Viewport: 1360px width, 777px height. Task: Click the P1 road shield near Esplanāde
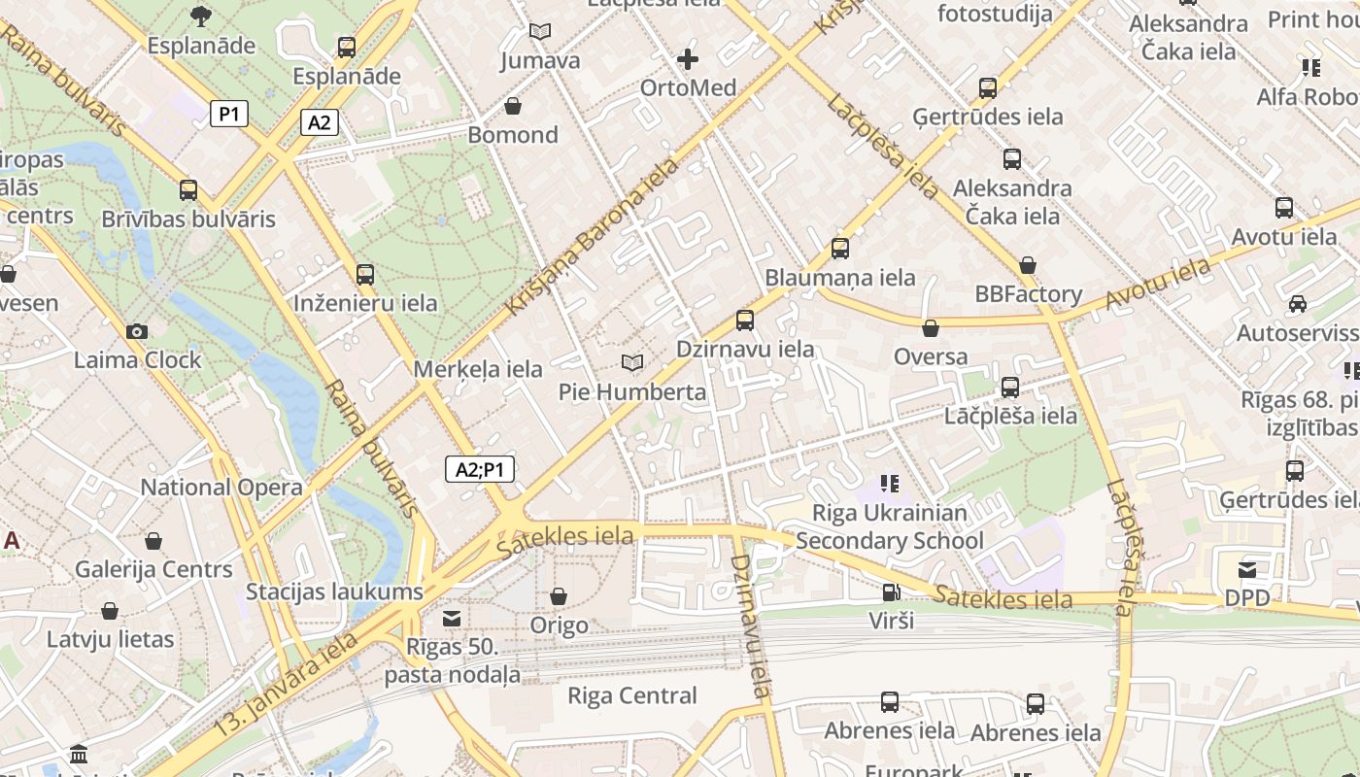[x=229, y=115]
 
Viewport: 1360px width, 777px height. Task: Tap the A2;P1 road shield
[x=480, y=470]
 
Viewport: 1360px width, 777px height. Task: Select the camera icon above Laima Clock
[x=137, y=331]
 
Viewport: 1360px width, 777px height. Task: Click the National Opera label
[x=221, y=488]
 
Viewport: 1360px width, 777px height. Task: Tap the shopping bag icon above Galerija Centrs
[x=153, y=541]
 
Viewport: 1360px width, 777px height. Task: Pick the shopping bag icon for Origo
[x=559, y=595]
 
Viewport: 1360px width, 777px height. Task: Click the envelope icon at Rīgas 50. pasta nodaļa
[x=452, y=619]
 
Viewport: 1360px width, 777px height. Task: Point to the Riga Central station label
[x=632, y=695]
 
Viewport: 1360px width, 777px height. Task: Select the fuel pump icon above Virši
[x=890, y=591]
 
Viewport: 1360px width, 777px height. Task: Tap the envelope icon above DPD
[x=1247, y=569]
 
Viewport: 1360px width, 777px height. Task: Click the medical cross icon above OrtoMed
[x=688, y=59]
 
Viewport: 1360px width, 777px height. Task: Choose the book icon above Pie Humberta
[x=632, y=363]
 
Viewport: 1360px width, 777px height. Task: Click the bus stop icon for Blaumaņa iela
[x=840, y=249]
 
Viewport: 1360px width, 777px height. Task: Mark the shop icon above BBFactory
[x=1028, y=265]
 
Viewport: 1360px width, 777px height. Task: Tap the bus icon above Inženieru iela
[x=365, y=275]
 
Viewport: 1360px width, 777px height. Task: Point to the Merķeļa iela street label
[x=478, y=369]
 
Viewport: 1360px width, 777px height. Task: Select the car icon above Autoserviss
[x=1297, y=304]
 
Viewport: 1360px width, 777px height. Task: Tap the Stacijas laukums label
[x=334, y=591]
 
